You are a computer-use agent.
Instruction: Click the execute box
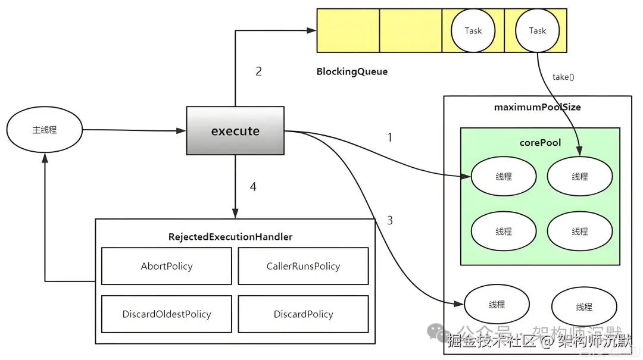(235, 131)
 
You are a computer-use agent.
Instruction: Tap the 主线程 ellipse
(45, 130)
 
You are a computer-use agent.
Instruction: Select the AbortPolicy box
(167, 266)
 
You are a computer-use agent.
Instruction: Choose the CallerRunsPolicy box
(303, 266)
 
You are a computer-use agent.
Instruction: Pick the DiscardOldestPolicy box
(167, 314)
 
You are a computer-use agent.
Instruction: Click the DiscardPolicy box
(303, 314)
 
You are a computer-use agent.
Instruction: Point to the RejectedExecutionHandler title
(230, 237)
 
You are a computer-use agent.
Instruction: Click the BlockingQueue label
(352, 72)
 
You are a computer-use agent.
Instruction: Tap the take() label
(563, 77)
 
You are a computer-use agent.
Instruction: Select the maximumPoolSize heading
(537, 108)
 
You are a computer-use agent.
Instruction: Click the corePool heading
(540, 143)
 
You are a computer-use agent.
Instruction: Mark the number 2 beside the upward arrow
(258, 72)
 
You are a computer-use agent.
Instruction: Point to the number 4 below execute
(253, 187)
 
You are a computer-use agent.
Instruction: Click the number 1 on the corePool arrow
(390, 138)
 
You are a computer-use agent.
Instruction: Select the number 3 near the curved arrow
(390, 221)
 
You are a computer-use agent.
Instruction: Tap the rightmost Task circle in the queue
(537, 31)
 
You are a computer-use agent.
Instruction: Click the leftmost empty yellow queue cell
(348, 30)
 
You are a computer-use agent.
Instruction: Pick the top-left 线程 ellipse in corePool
(504, 177)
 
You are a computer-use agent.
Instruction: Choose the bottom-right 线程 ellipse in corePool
(579, 231)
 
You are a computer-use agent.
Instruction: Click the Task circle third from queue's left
(473, 31)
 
